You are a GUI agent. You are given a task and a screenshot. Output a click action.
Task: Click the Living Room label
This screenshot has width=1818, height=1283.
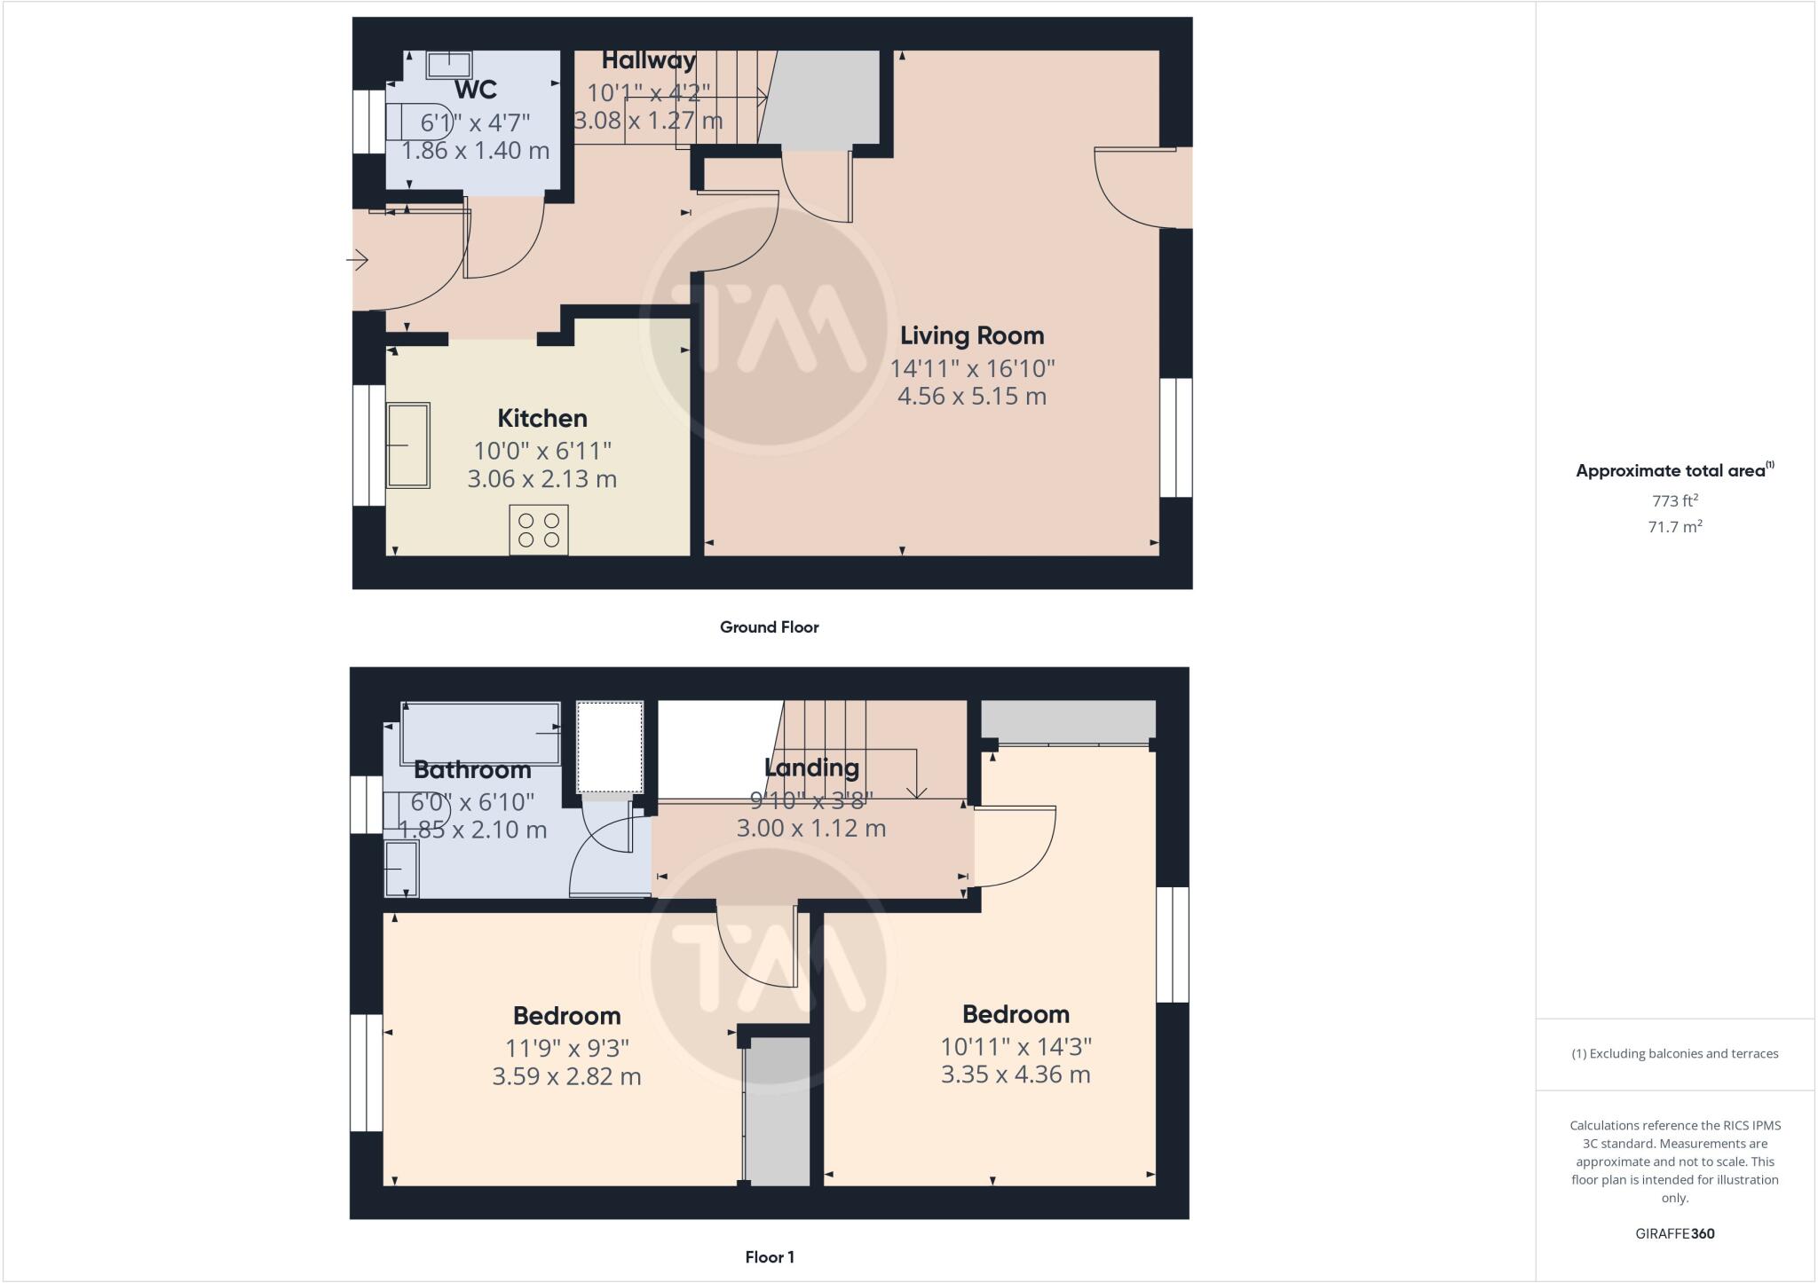[972, 336]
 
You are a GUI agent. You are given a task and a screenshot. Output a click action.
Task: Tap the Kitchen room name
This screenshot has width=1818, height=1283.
[541, 418]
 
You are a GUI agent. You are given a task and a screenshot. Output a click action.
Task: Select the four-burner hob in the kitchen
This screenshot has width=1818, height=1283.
[538, 530]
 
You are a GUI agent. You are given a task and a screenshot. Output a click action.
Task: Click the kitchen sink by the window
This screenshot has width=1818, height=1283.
[408, 445]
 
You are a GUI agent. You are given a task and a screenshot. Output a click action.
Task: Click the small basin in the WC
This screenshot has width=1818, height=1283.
[449, 64]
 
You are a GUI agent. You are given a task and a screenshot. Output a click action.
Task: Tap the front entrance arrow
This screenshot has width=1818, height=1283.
[358, 260]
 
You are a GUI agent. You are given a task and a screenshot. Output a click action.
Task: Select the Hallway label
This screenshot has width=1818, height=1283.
[648, 60]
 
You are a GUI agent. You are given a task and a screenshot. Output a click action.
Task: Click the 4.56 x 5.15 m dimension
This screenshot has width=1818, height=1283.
[972, 396]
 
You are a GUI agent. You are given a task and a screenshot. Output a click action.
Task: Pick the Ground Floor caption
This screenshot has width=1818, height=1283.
[769, 627]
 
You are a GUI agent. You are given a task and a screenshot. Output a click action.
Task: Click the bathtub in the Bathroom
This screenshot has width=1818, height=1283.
[481, 732]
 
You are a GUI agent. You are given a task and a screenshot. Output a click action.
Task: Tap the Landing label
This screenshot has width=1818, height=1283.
[811, 767]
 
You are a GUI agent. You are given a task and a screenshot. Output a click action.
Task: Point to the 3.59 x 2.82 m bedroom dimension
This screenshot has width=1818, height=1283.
[566, 1076]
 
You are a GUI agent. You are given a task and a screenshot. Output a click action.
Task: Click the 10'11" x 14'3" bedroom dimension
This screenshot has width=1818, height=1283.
[1016, 1046]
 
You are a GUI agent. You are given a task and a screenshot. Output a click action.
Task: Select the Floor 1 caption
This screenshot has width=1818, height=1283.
[769, 1257]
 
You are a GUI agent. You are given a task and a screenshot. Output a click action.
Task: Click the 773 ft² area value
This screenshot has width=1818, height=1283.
[1674, 500]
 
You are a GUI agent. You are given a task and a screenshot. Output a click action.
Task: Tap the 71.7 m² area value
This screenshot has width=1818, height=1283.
[1674, 527]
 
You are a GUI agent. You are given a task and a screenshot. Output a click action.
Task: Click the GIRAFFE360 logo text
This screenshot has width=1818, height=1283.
[1674, 1233]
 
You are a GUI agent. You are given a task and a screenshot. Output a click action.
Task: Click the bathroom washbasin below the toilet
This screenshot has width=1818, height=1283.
[401, 869]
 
